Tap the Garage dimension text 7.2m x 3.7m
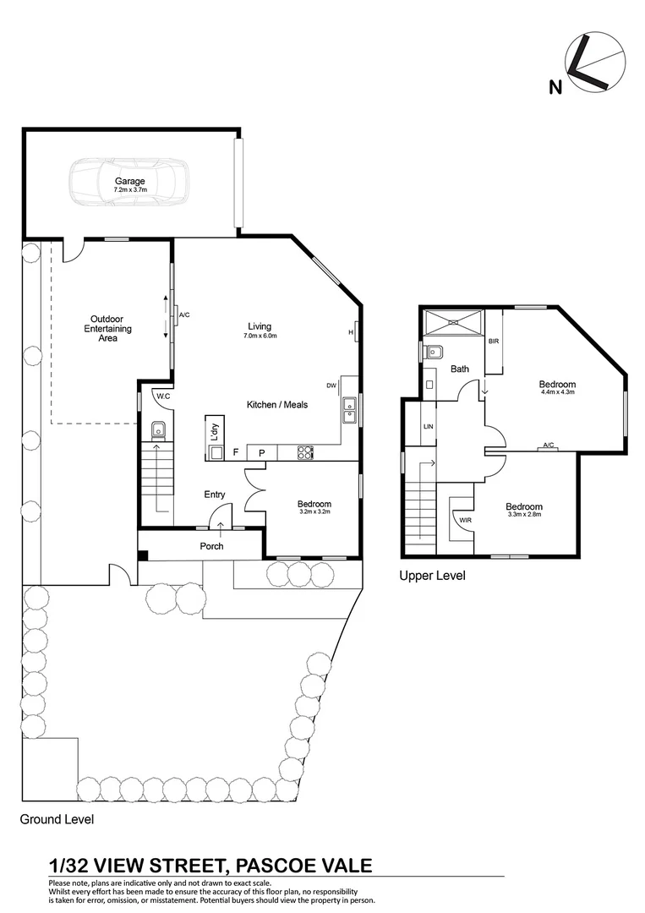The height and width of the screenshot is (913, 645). tap(130, 190)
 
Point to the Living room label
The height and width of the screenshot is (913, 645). tap(260, 326)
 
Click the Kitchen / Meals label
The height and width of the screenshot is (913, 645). tap(276, 405)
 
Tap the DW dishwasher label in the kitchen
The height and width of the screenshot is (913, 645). tap(331, 385)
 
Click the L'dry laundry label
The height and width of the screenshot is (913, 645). tap(214, 431)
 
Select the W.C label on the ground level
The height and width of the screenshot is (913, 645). tap(161, 396)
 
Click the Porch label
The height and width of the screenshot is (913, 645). tap(211, 546)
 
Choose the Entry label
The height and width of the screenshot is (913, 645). tap(214, 495)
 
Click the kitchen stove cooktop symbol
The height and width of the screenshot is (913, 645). tap(305, 452)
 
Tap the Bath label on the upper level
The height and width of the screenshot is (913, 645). tap(459, 369)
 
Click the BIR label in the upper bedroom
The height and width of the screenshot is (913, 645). tap(494, 341)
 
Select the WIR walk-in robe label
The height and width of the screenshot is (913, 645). tap(465, 521)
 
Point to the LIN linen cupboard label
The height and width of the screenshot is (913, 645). tap(429, 427)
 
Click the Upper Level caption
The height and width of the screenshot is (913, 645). tap(431, 576)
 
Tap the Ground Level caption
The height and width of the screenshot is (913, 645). tap(57, 819)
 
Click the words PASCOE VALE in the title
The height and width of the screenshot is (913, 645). tap(305, 865)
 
